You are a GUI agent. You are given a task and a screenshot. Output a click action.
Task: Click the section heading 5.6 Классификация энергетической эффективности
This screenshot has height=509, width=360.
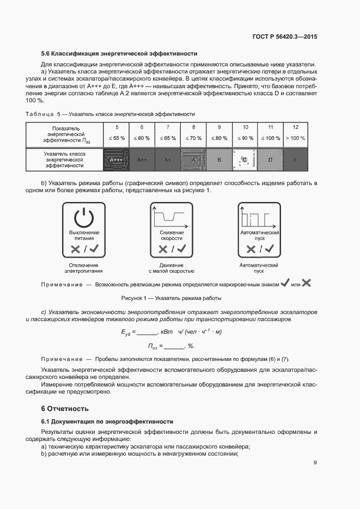(x=119, y=54)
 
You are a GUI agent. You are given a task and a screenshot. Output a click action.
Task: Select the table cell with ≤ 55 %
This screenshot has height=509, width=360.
(x=116, y=138)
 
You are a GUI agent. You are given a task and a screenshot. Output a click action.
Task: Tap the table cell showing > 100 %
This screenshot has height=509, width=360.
(x=295, y=138)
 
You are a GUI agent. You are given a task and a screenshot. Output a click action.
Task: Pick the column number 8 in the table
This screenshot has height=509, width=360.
(x=193, y=126)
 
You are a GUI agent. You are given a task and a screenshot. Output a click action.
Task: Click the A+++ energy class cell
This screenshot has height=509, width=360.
(x=116, y=160)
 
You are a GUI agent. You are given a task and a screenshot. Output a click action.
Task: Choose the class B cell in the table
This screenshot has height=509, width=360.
(x=218, y=160)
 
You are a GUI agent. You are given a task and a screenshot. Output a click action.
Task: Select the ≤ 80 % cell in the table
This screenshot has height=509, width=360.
(x=218, y=138)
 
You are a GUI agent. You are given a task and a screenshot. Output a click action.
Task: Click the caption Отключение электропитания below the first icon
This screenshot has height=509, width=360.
(x=83, y=267)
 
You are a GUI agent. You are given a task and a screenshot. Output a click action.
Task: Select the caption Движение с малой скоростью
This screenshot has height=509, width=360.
(x=172, y=267)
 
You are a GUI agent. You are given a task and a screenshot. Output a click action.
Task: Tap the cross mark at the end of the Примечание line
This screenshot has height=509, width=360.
(x=306, y=283)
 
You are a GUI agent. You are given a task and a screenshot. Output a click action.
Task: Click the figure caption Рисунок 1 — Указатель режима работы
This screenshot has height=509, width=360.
(x=171, y=298)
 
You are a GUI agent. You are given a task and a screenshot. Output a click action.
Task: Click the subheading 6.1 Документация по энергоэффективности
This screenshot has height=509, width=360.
(x=107, y=421)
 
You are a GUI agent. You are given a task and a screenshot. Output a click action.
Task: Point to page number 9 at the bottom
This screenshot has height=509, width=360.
(x=315, y=463)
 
